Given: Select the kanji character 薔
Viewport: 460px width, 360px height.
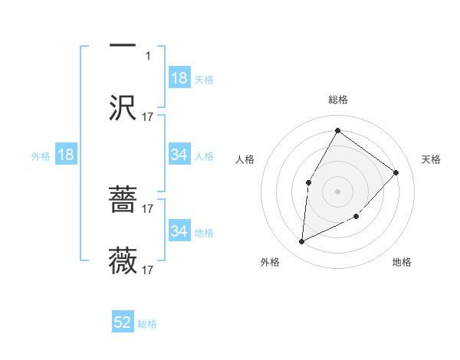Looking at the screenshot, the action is point(123,201).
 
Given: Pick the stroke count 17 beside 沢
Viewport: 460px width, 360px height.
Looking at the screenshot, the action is point(149,117).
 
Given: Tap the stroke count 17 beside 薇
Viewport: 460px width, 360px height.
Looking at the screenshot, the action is point(149,270).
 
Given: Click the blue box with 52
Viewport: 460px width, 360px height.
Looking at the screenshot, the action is point(123,323).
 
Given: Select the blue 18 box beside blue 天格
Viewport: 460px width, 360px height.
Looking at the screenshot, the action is point(179,78).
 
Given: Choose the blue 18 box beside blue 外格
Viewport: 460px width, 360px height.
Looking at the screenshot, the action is point(66,155).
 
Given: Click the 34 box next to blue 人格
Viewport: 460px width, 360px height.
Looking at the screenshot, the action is point(179,155).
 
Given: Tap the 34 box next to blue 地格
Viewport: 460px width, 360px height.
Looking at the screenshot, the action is point(179,231).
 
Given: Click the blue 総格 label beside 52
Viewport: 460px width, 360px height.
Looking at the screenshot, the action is point(147,324).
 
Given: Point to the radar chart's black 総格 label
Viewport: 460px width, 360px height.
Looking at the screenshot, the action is point(338,100).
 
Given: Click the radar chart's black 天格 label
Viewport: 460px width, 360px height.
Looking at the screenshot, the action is point(431,159).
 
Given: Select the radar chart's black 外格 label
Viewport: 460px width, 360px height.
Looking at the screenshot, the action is point(270,263).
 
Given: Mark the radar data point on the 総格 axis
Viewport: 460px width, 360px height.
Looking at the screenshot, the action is point(337,130).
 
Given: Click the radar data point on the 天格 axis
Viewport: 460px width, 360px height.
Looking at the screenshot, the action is point(396,172).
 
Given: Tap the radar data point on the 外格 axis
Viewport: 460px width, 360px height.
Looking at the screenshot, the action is point(302,242).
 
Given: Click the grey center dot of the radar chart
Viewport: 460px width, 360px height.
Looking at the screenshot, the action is point(337,191).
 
